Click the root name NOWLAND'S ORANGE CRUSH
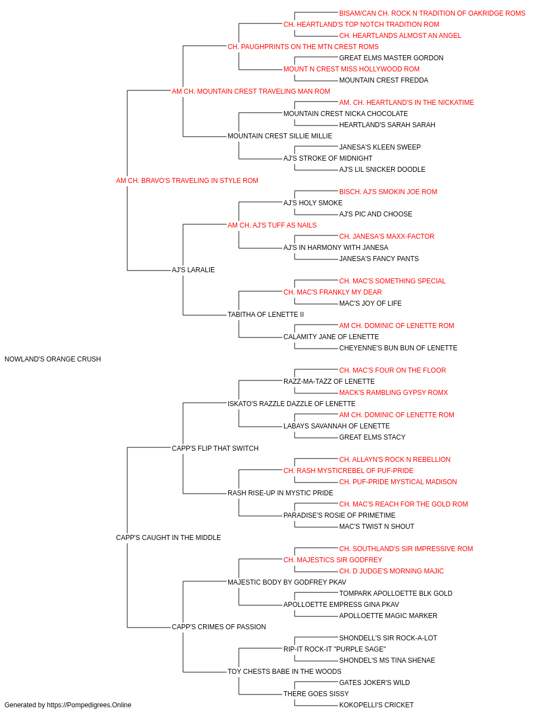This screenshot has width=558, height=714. click(x=52, y=359)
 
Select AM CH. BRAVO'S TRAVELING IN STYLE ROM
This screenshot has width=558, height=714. click(x=187, y=181)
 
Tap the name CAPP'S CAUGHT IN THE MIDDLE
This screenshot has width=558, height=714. click(x=169, y=538)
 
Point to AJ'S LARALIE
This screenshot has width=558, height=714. click(x=193, y=270)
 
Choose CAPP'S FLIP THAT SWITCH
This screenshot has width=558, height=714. click(x=215, y=448)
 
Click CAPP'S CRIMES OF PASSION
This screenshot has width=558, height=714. click(x=219, y=627)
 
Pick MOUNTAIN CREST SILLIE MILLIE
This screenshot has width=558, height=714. click(x=280, y=136)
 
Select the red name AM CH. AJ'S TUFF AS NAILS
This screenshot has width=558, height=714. click(x=272, y=225)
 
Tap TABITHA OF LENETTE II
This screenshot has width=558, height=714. click(x=266, y=315)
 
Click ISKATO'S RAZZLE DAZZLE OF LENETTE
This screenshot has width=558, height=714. click(x=291, y=404)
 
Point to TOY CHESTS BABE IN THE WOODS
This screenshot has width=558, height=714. click(x=284, y=672)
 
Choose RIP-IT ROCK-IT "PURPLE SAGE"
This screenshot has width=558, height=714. click(x=335, y=649)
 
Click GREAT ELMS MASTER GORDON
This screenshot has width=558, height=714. click(x=391, y=58)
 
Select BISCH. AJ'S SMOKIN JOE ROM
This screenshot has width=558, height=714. click(x=388, y=192)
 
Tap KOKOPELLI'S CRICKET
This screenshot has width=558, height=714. click(x=376, y=705)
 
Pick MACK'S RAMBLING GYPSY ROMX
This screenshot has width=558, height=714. click(x=393, y=393)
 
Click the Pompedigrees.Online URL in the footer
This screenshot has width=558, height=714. click(x=89, y=705)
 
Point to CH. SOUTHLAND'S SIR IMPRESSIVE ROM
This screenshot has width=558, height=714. click(x=406, y=549)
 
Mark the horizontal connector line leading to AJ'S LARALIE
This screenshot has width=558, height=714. click(x=149, y=271)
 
